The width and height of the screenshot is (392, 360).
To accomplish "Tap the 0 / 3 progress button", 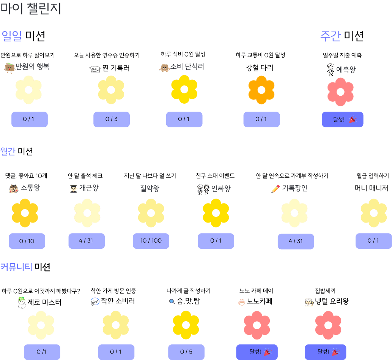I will [x=112, y=119].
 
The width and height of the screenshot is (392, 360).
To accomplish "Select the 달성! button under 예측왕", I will [x=342, y=119].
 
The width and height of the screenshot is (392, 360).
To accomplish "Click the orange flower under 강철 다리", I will [x=261, y=90].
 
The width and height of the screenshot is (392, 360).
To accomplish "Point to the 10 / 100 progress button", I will [x=151, y=241].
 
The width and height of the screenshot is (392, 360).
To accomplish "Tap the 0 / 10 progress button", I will [x=27, y=241].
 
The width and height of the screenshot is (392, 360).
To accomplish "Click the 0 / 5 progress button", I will [x=186, y=352].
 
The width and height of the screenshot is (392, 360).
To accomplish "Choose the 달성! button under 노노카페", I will [x=257, y=352].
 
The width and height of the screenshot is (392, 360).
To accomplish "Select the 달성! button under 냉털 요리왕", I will [x=325, y=352].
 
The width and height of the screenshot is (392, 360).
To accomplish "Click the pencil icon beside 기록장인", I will [x=276, y=189].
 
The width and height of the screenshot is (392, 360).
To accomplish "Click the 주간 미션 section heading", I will [x=342, y=36].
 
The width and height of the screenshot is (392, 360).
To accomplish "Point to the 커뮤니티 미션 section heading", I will [x=25, y=267].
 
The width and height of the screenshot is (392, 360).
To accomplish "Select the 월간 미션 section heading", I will [x=17, y=151].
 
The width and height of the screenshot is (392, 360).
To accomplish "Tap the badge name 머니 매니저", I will [x=372, y=188].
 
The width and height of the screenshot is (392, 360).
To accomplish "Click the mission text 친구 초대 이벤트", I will [x=215, y=176].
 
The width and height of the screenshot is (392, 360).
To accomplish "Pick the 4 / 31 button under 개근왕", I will [x=86, y=241].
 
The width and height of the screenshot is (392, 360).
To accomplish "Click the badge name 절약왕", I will [x=150, y=188].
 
